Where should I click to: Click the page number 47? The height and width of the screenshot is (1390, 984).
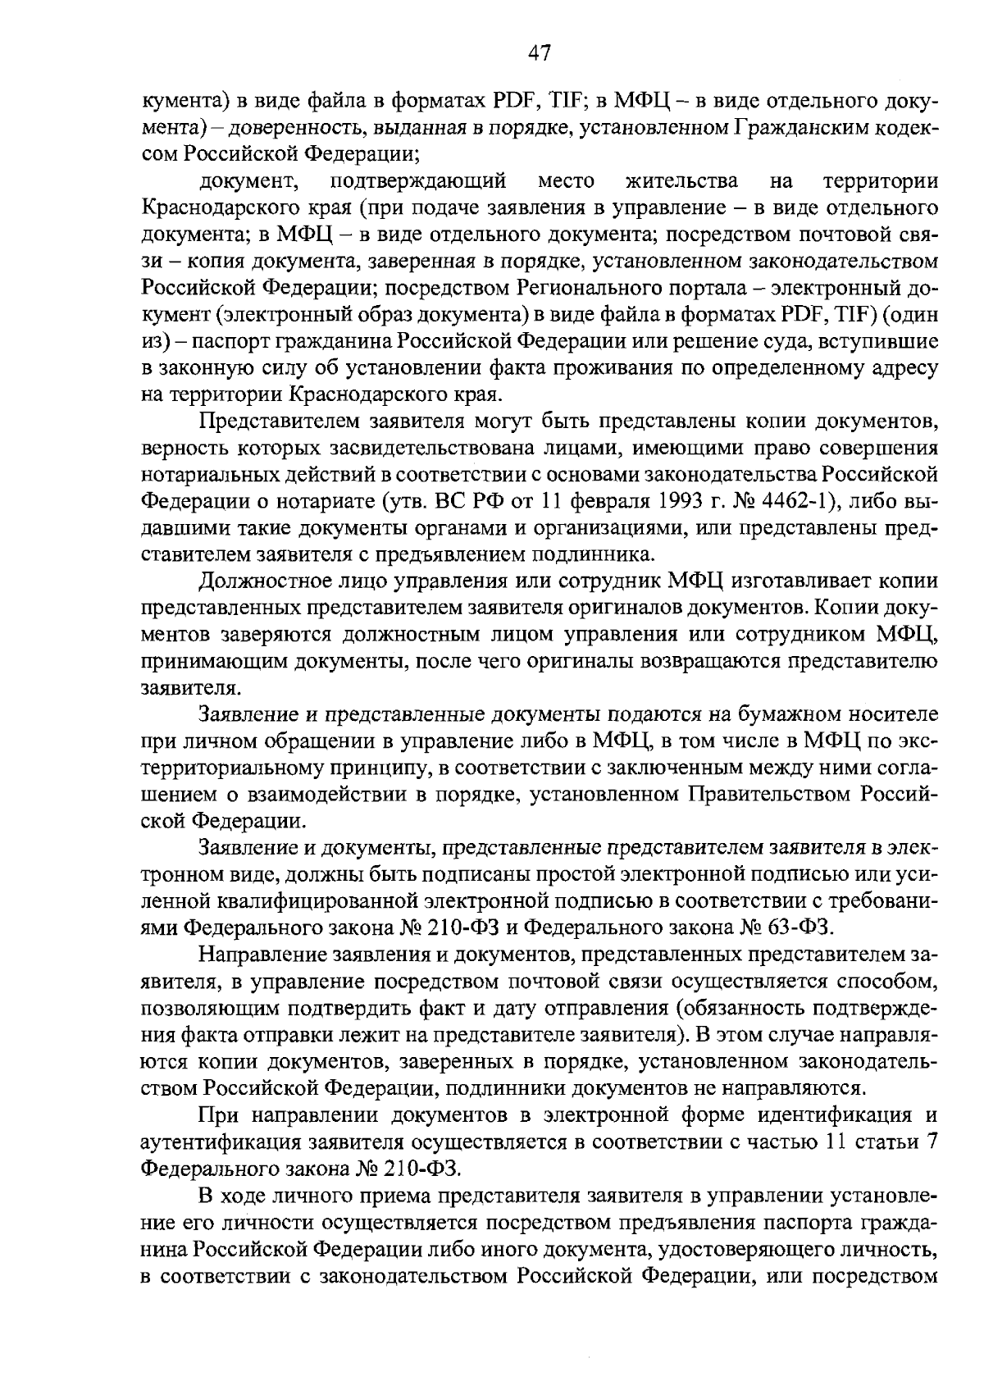pos(539,53)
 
